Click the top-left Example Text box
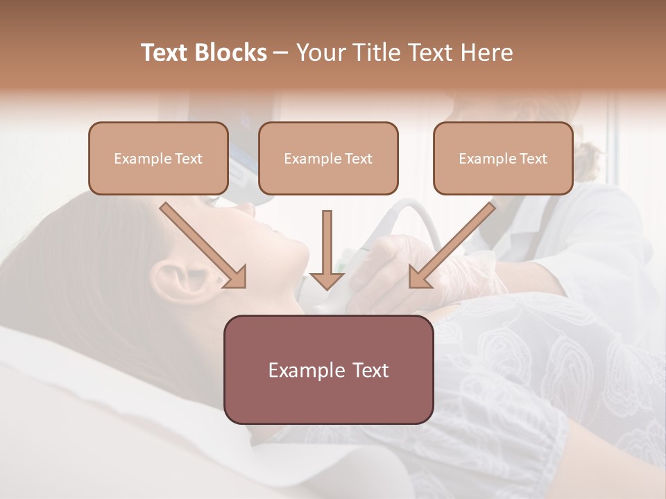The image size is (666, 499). (x=158, y=158)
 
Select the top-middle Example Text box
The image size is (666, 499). (x=328, y=158)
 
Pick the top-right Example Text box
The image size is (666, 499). (x=503, y=158)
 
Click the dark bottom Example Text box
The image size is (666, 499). (x=329, y=369)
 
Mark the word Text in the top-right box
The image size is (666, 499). (x=533, y=159)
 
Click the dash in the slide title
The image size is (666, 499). (x=281, y=53)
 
